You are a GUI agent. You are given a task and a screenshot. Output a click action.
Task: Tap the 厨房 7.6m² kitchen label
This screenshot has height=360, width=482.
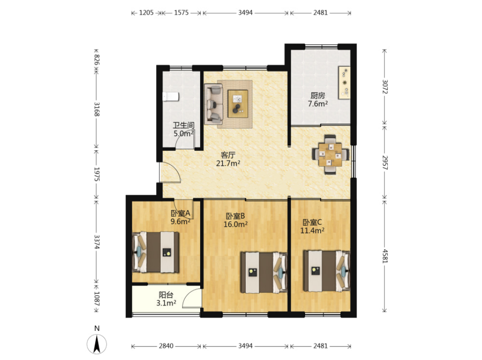[318, 99]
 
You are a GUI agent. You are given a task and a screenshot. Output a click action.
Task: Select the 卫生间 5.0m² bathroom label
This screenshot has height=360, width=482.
[183, 129]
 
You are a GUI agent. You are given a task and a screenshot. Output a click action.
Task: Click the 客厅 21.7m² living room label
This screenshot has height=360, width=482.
[228, 159]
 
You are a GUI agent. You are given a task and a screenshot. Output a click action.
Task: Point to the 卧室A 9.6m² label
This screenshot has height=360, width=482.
[181, 217]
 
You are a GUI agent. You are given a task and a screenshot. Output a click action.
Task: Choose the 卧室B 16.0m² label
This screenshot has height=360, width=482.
[236, 220]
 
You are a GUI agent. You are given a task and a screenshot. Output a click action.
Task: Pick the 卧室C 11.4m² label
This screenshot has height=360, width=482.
[312, 226]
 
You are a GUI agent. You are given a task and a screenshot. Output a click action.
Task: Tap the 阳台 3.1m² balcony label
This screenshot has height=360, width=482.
[166, 299]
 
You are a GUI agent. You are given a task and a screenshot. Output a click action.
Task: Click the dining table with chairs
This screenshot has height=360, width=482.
[330, 155]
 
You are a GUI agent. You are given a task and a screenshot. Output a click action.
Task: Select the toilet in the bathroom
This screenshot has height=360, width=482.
[170, 97]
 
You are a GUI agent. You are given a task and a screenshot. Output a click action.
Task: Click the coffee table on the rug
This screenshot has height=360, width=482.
[238, 104]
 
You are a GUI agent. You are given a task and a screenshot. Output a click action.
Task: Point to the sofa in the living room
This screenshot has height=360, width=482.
[214, 104]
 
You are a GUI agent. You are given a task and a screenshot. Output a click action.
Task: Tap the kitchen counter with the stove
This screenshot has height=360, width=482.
[344, 83]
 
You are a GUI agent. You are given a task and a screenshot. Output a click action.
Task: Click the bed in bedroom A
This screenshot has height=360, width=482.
[156, 252]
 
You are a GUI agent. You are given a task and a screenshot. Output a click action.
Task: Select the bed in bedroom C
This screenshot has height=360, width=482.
[327, 271]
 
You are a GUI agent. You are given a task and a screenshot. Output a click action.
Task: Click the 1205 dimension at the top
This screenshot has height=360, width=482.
[146, 13]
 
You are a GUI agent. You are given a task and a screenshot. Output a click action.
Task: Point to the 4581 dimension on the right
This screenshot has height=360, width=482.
[385, 256]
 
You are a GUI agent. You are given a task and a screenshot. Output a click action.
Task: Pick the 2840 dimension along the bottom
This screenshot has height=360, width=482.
[166, 346]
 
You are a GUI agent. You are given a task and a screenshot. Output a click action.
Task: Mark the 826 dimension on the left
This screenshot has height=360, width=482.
[97, 59]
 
